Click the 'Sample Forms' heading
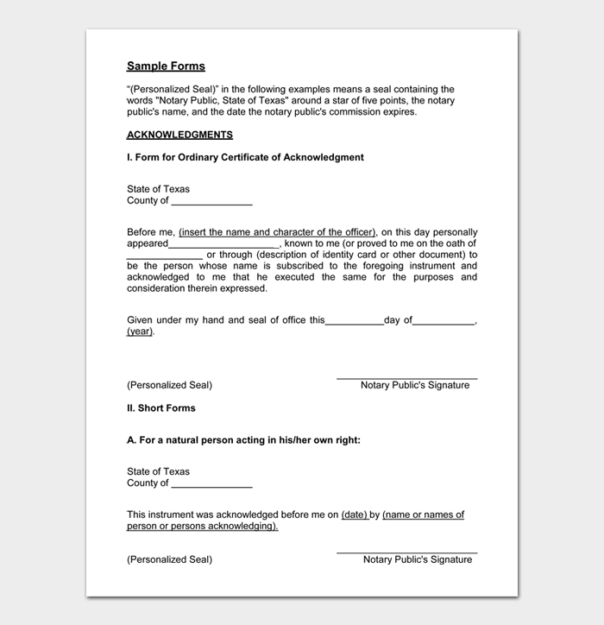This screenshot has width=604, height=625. (x=166, y=66)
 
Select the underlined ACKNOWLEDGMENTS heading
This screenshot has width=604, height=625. (x=179, y=136)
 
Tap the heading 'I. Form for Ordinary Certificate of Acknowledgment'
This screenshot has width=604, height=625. (x=245, y=158)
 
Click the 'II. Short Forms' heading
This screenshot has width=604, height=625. (x=161, y=408)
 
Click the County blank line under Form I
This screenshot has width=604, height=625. (x=211, y=203)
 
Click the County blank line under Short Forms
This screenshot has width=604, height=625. (x=211, y=485)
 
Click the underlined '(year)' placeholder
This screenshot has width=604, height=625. (x=140, y=331)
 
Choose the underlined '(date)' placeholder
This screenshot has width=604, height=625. (x=355, y=515)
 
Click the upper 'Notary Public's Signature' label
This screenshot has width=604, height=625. (x=415, y=385)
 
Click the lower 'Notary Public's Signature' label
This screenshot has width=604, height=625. (x=418, y=559)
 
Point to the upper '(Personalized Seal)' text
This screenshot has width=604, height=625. (x=169, y=385)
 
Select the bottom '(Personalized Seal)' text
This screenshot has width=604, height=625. (x=169, y=559)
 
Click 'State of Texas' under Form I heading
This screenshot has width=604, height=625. (x=158, y=189)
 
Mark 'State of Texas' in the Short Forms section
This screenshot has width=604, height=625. (x=158, y=471)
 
